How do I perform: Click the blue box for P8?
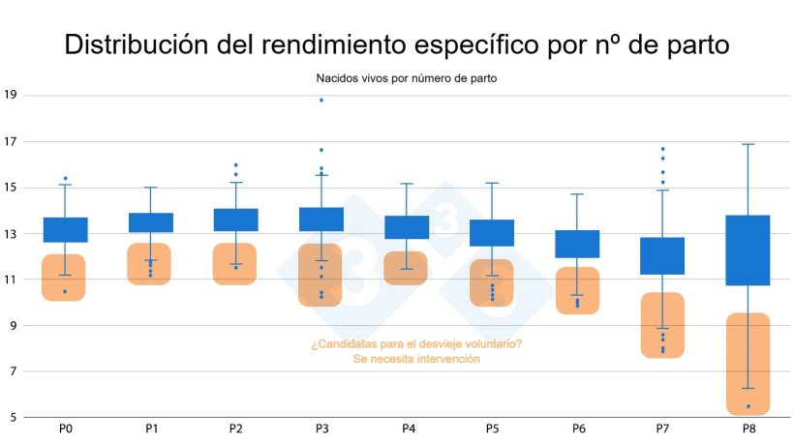748,250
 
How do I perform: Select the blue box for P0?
65,229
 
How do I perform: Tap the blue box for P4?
407,227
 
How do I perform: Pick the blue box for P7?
662,255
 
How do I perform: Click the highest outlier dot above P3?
321,101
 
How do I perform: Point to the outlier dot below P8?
748,406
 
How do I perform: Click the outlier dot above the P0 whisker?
65,179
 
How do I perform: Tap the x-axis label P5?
492,427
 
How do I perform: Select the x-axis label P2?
235,427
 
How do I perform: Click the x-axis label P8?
748,427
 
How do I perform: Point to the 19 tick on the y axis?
11,96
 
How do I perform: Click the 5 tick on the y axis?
13,418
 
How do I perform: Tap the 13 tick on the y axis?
11,234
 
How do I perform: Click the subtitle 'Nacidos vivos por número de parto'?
406,77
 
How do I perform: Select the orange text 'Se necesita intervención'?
416,359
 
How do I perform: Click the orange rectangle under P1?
149,264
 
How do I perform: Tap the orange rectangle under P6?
577,290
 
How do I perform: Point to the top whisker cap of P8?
748,144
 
